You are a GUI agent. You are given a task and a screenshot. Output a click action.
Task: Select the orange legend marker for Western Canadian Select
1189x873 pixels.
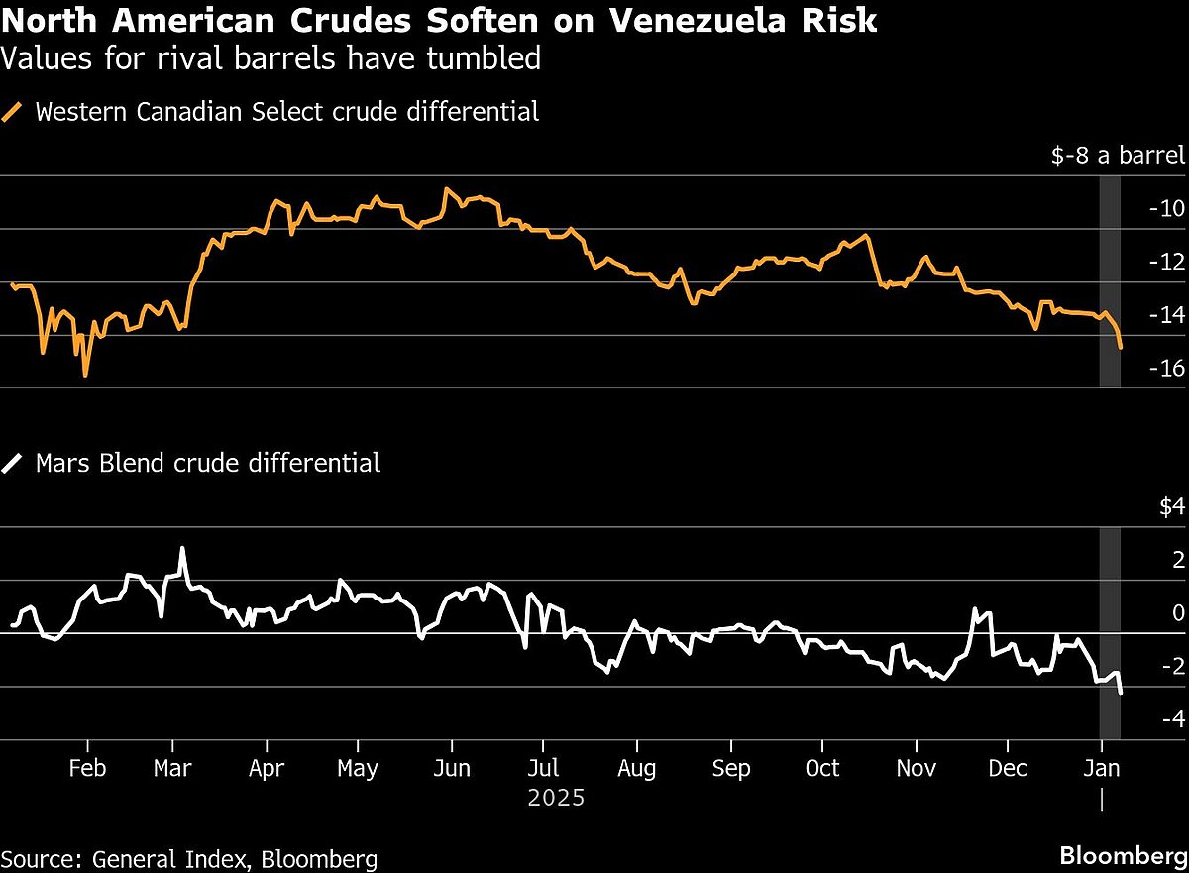pyautogui.click(x=14, y=111)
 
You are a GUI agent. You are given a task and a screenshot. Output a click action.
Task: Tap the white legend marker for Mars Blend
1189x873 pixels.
pyautogui.click(x=14, y=462)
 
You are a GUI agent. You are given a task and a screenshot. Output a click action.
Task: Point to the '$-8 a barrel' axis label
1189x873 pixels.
pyautogui.click(x=1117, y=156)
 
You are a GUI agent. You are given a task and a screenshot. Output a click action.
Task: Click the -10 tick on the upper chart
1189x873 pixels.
pyautogui.click(x=1166, y=209)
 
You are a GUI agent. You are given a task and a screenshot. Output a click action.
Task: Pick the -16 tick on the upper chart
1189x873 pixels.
pyautogui.click(x=1166, y=369)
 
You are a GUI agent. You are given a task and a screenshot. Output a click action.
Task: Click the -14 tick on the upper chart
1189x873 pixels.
pyautogui.click(x=1166, y=315)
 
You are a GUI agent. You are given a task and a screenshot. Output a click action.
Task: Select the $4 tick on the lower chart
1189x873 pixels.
pyautogui.click(x=1172, y=507)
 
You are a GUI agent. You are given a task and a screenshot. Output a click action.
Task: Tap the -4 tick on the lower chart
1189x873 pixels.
pyautogui.click(x=1171, y=719)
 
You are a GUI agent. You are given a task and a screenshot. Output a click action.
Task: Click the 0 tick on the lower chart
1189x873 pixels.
pyautogui.click(x=1178, y=613)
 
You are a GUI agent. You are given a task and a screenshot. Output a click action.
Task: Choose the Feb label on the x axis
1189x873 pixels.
pyautogui.click(x=87, y=770)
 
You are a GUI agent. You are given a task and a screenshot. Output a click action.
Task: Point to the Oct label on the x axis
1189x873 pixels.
pyautogui.click(x=822, y=770)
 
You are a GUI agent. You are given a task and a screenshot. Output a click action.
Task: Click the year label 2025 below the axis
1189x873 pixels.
pyautogui.click(x=556, y=798)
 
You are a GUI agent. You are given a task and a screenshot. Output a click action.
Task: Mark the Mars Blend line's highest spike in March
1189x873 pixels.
pyautogui.click(x=182, y=548)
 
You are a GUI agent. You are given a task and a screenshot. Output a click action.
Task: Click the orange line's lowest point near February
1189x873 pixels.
pyautogui.click(x=85, y=375)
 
